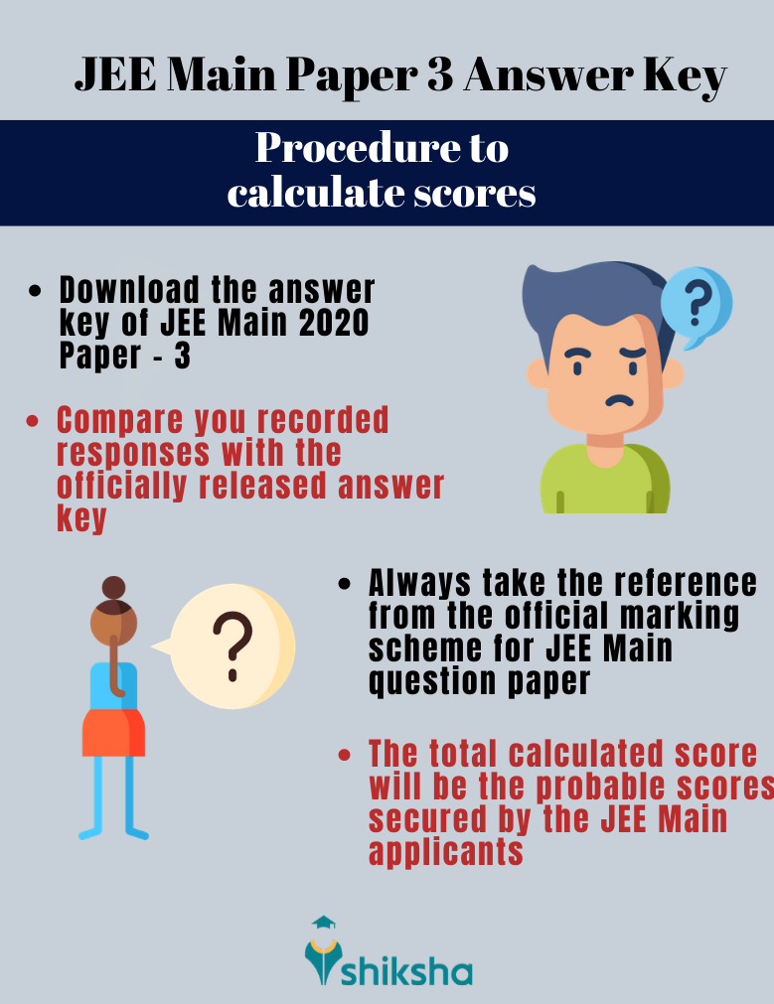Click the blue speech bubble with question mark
697,305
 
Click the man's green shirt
605,481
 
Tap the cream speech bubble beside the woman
232,645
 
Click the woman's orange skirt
113,732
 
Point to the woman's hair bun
114,587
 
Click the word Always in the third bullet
424,582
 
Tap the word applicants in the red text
445,851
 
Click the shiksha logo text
405,970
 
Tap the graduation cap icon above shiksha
323,923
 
